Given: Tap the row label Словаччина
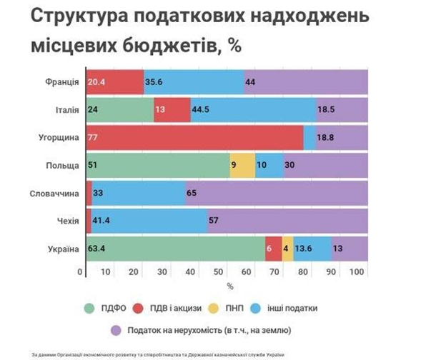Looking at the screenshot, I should pyautogui.click(x=55, y=194).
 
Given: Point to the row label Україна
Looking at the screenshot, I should pyautogui.click(x=62, y=249).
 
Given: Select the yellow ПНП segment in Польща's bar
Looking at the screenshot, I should pyautogui.click(x=242, y=165).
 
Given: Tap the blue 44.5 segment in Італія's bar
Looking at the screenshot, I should pyautogui.click(x=252, y=109).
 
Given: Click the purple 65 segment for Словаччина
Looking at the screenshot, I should pyautogui.click(x=277, y=194).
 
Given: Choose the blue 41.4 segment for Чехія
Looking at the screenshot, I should pyautogui.click(x=149, y=221).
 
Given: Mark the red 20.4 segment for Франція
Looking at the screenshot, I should pyautogui.click(x=114, y=82).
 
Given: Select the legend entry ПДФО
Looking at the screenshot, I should pyautogui.click(x=107, y=309).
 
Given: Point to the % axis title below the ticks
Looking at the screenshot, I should pyautogui.click(x=230, y=286).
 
